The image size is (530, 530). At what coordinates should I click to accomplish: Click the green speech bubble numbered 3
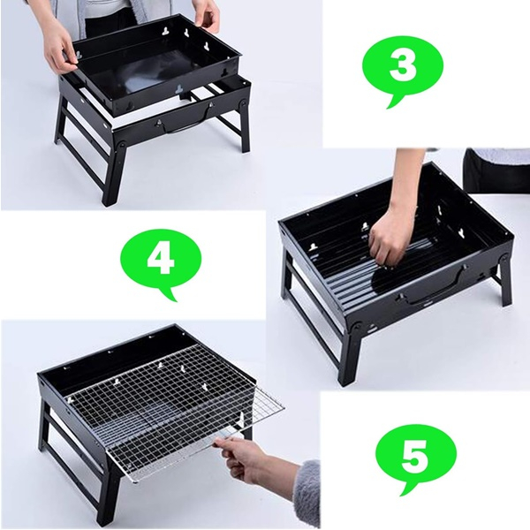point(402,68)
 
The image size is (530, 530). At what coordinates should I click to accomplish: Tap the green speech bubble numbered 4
point(161,261)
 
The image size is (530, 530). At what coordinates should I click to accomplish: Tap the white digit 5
point(416,454)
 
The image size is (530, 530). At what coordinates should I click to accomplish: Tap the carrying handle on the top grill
point(185,125)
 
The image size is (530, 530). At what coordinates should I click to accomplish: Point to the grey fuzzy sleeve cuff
point(307,494)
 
